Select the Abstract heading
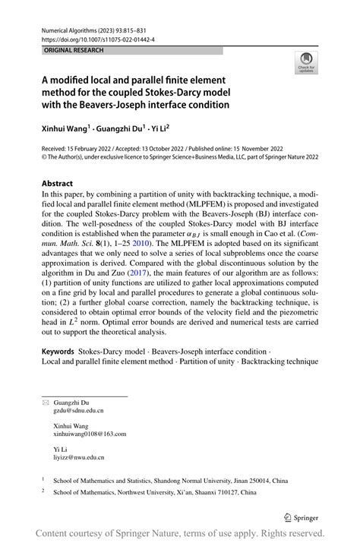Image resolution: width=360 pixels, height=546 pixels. click(x=57, y=183)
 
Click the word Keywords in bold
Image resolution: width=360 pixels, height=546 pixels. click(x=58, y=352)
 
